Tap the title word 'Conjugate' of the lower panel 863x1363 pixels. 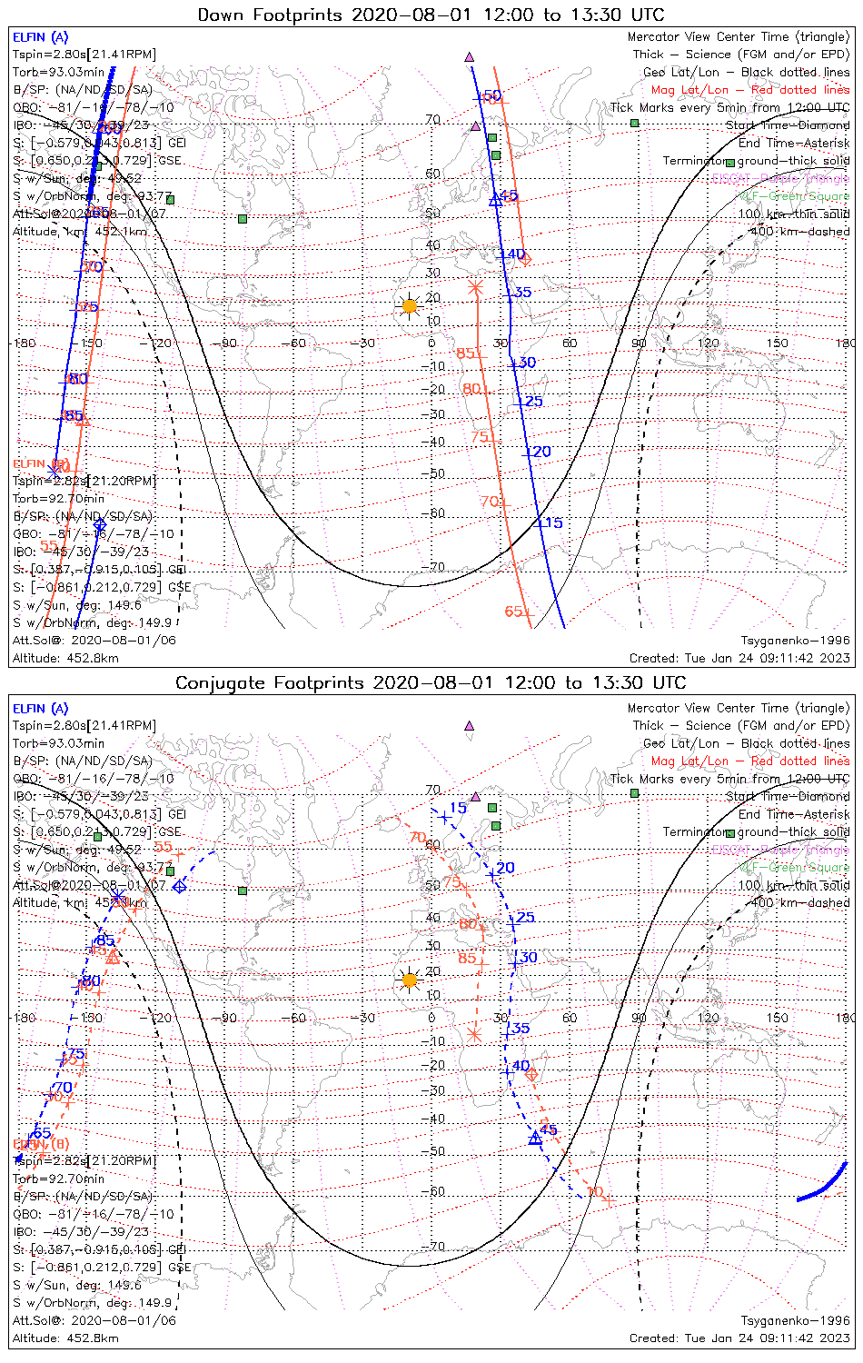tap(226, 683)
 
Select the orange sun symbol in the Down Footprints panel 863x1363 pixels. tap(410, 306)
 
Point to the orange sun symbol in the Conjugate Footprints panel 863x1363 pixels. tap(410, 980)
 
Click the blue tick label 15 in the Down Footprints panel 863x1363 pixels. tap(552, 522)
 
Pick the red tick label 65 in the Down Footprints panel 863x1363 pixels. tap(514, 611)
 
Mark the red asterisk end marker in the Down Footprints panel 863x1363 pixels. tap(475, 287)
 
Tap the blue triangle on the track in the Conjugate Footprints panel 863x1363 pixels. tap(535, 1138)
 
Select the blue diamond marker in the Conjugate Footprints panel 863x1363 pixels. tap(180, 886)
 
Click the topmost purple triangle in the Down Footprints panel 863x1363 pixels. tap(470, 56)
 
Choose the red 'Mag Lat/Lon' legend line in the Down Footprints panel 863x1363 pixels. tap(750, 90)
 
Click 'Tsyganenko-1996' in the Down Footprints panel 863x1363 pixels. tap(795, 641)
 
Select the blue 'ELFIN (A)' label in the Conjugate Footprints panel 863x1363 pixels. tap(40, 709)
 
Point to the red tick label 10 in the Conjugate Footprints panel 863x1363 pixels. tap(595, 1191)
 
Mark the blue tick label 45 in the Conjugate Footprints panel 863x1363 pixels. tap(549, 1130)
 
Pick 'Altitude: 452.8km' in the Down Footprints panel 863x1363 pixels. tap(65, 658)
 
